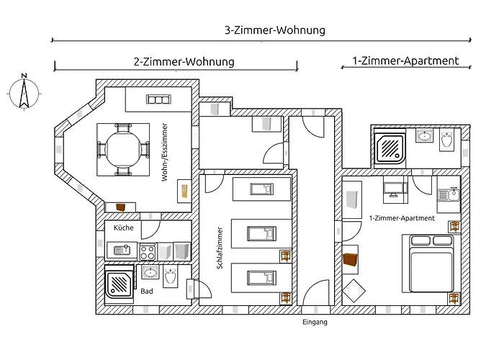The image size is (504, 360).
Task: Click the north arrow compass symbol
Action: click(24, 93)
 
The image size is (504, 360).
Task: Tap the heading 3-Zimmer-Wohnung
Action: click(275, 30)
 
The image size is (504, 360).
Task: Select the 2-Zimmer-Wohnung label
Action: click(184, 61)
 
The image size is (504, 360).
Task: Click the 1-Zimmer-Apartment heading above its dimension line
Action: click(405, 60)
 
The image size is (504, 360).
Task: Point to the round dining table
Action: click(123, 150)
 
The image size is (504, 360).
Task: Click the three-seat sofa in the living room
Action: click(158, 99)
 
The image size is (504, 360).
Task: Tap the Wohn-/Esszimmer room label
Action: click(165, 152)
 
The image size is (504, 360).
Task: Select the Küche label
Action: click(123, 228)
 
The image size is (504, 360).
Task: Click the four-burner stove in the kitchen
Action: click(148, 252)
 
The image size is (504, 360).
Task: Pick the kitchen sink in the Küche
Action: click(122, 250)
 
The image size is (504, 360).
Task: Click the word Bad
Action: click(147, 291)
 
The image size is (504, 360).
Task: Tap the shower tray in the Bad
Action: click(119, 284)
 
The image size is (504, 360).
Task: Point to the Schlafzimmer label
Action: click(220, 248)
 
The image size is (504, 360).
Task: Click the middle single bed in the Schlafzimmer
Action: click(261, 233)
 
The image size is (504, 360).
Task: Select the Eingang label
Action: click(315, 322)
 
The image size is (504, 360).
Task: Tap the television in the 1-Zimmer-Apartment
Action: click(395, 186)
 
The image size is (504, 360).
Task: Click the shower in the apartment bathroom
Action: click(390, 148)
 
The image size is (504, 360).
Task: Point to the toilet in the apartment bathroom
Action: click(447, 139)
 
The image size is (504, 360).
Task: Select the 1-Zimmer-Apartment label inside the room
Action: click(402, 218)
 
